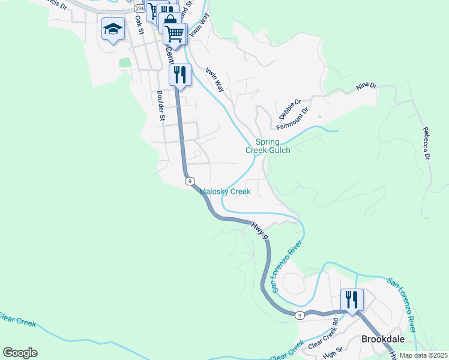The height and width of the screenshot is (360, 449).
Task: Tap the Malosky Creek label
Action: tap(224, 192)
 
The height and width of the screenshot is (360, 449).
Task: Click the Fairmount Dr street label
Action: tap(292, 119)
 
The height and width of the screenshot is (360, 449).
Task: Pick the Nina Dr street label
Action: tap(366, 86)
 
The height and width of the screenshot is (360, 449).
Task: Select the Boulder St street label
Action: tap(160, 106)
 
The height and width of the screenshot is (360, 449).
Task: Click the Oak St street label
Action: tap(140, 25)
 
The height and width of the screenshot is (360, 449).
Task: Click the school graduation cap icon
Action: tap(112, 29)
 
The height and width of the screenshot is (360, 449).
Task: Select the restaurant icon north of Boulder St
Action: tap(179, 75)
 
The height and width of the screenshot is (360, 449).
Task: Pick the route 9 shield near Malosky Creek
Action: tap(190, 181)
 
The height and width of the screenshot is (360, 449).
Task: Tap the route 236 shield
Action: tap(140, 8)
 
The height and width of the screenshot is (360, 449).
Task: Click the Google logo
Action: tap(20, 353)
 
